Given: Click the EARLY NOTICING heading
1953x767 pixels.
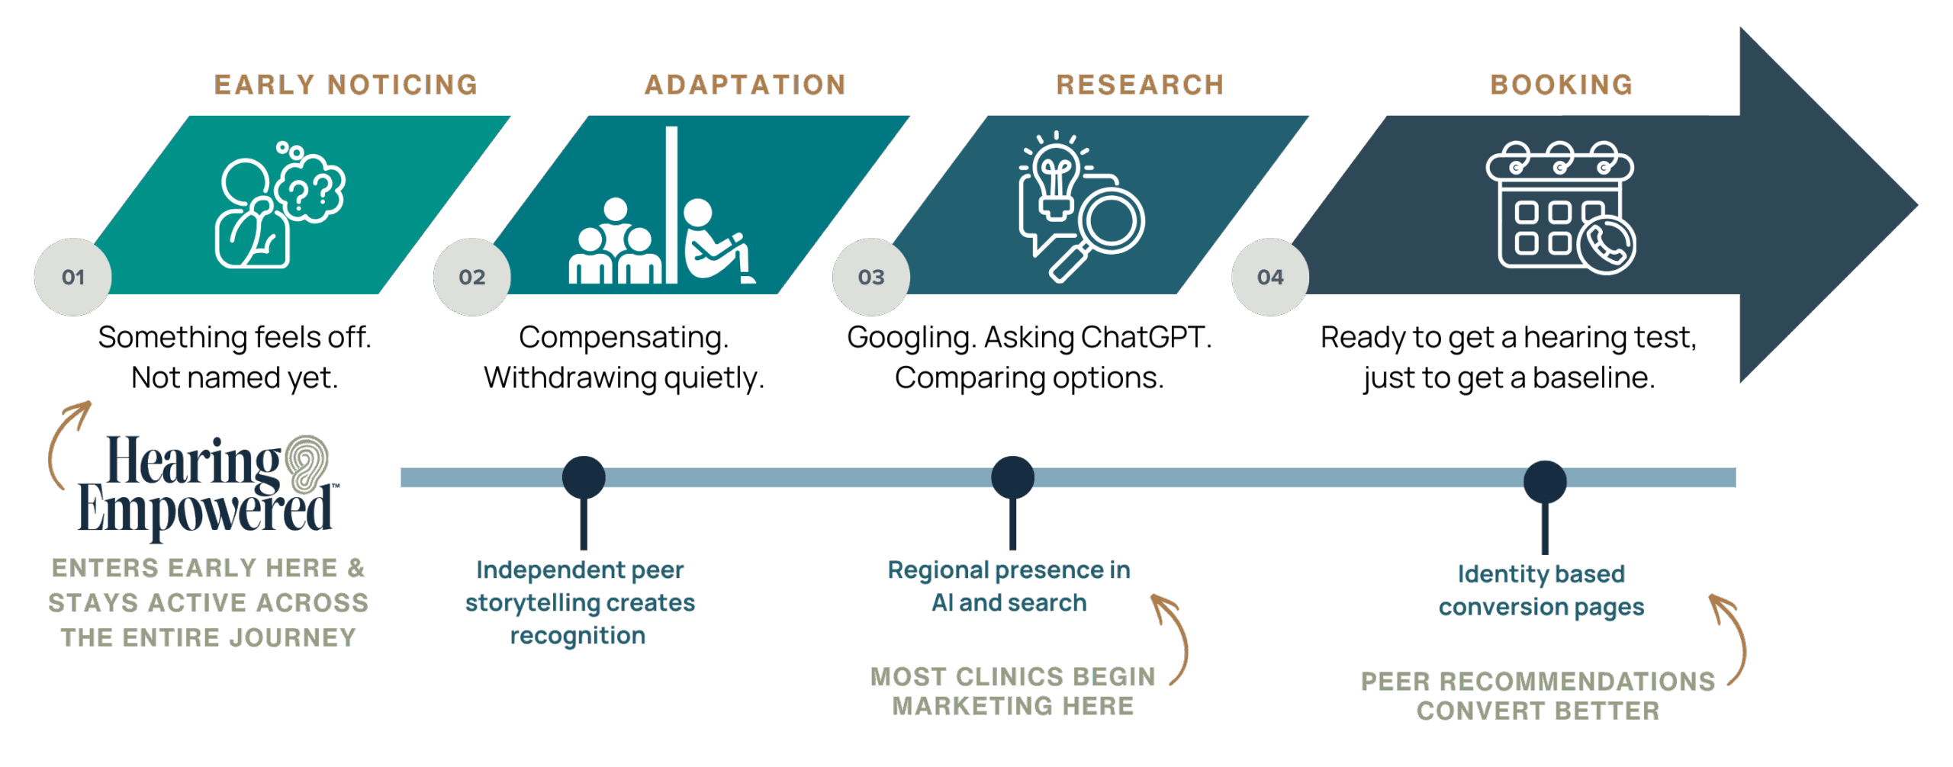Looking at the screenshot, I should pyautogui.click(x=346, y=84).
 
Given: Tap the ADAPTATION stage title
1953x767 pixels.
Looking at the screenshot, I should pyautogui.click(x=745, y=84).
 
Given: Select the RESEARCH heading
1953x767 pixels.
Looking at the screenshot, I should pyautogui.click(x=1140, y=84).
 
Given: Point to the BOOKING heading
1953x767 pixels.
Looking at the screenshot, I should pyautogui.click(x=1562, y=84).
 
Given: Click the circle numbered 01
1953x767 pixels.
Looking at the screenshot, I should pyautogui.click(x=73, y=277).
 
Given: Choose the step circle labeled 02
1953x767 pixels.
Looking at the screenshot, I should pyautogui.click(x=472, y=277).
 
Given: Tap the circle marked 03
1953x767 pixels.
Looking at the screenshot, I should pyautogui.click(x=871, y=277).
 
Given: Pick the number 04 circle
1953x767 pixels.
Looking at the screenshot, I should pyautogui.click(x=1270, y=277).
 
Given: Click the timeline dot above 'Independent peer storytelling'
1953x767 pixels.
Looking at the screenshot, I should pyautogui.click(x=584, y=477).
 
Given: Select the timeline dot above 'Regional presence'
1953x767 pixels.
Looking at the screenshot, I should pyautogui.click(x=1012, y=477).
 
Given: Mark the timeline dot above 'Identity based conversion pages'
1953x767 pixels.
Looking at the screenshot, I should pyautogui.click(x=1545, y=481).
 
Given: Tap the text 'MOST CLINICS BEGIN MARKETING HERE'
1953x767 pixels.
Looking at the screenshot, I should pyautogui.click(x=1013, y=692).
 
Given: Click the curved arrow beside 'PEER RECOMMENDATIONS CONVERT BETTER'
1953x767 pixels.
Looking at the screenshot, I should pyautogui.click(x=1731, y=639).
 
